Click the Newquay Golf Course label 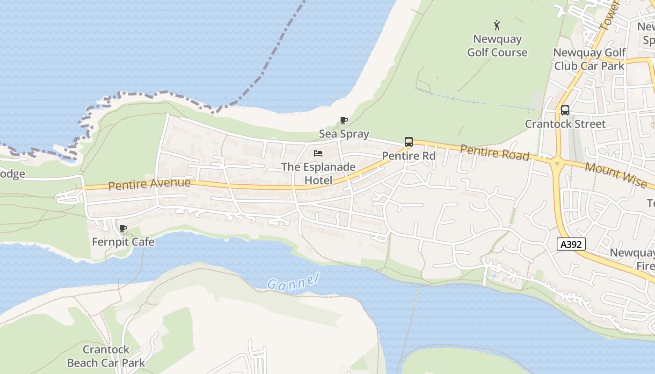click(x=497, y=46)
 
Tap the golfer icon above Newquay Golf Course click(x=497, y=25)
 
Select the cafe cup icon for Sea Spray click(x=344, y=121)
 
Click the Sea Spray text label click(x=344, y=134)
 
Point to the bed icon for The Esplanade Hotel click(x=318, y=153)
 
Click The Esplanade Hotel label click(x=318, y=173)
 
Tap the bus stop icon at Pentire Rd click(x=408, y=142)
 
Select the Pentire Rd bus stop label click(x=408, y=156)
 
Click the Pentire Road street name click(x=495, y=152)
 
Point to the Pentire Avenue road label click(x=149, y=184)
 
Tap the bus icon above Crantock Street click(x=565, y=110)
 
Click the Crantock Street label click(x=565, y=124)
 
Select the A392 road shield click(x=571, y=244)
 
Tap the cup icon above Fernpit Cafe click(x=123, y=228)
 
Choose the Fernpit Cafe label click(x=123, y=242)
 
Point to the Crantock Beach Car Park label click(x=106, y=356)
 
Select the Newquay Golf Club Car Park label click(x=589, y=59)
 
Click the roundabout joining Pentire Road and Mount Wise click(x=557, y=164)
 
